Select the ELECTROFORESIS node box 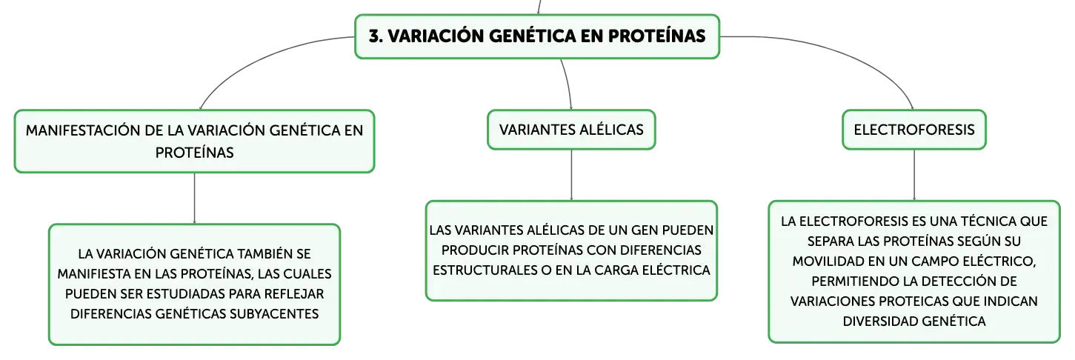[x=913, y=130]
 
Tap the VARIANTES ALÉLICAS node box [x=571, y=130]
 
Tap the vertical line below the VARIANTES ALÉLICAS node [x=571, y=176]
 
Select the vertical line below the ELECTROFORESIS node [x=913, y=176]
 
